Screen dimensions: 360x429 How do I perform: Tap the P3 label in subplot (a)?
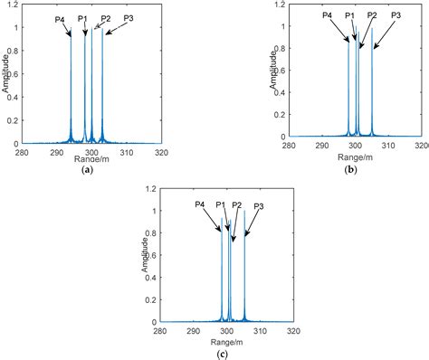click(x=128, y=18)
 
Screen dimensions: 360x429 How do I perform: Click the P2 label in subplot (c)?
click(x=236, y=205)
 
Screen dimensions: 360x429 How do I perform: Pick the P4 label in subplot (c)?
click(x=200, y=205)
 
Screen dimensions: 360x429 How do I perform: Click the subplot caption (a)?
click(x=87, y=169)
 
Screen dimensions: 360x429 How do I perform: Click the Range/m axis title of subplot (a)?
click(x=88, y=157)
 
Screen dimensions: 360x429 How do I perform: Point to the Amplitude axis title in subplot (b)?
click(x=274, y=72)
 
